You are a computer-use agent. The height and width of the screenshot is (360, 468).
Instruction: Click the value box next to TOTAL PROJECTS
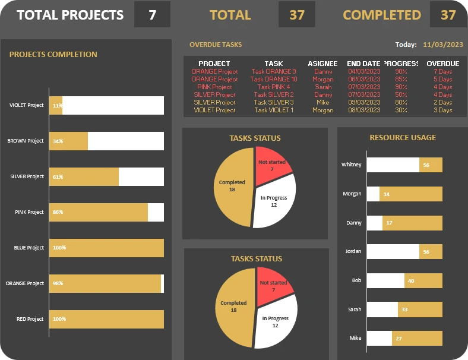pos(152,15)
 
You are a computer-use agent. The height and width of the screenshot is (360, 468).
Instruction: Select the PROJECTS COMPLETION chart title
pos(53,55)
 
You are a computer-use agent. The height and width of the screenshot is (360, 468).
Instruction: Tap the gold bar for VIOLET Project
pos(55,105)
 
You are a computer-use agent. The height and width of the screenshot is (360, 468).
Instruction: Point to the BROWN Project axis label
pos(26,141)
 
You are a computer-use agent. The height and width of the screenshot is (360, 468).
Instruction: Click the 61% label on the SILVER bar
pos(58,176)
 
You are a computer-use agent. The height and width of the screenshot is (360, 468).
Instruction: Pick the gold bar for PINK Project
pos(98,212)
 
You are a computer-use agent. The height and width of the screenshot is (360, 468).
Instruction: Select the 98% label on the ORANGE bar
pos(58,283)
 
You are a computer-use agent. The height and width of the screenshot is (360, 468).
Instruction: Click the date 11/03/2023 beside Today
pos(443,45)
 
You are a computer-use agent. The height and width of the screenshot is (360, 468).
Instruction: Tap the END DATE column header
pos(363,64)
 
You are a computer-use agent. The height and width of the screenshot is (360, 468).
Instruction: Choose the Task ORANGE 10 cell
pos(274,79)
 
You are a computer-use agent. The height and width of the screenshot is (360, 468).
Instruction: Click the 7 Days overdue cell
pos(443,71)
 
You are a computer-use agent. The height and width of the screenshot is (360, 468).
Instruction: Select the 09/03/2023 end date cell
pos(363,102)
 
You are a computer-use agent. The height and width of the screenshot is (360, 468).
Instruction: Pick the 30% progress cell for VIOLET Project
pos(401,110)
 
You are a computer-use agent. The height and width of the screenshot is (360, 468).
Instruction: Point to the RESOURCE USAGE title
pos(403,138)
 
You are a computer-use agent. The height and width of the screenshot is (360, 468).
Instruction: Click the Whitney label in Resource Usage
pos(351,165)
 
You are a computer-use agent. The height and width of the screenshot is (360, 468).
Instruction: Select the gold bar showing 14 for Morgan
pos(410,194)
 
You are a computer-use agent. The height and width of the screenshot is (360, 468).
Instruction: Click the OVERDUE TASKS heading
pos(216,45)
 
